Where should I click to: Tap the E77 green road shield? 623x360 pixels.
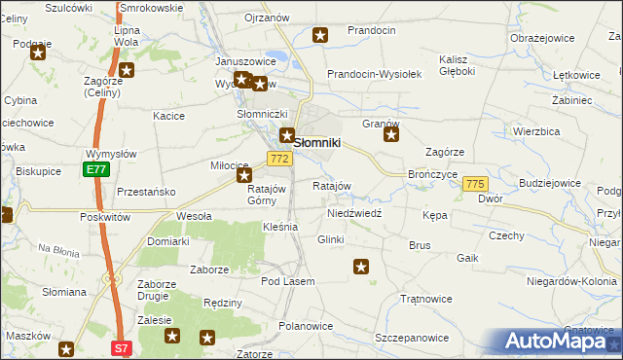click(x=96, y=169)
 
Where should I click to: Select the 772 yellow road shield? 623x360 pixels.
click(x=279, y=159)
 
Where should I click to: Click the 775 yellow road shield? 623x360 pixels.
click(x=475, y=184)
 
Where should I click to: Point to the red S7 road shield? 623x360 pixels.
click(x=120, y=347)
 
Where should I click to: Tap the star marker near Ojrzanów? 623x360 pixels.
click(x=320, y=37)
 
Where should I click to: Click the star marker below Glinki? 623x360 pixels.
click(x=361, y=266)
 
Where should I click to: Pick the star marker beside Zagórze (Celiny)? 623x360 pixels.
click(x=127, y=70)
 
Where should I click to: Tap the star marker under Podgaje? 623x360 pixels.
click(x=37, y=53)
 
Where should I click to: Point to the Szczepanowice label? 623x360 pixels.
click(x=412, y=338)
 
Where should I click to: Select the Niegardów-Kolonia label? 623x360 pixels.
click(x=571, y=282)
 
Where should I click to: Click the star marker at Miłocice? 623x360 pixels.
click(x=244, y=176)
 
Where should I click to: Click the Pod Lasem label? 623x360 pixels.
click(x=287, y=281)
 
